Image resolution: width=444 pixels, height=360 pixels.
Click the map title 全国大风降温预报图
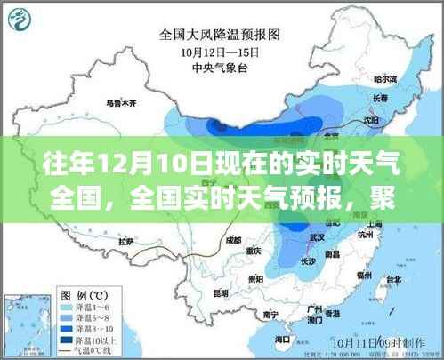[221, 36]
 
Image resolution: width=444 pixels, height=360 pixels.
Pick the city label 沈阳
[370, 116]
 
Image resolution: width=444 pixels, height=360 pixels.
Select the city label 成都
[233, 238]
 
